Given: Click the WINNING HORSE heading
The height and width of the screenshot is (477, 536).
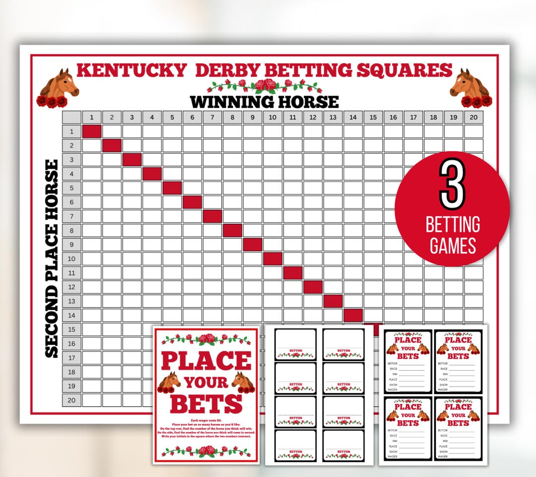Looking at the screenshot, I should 265,102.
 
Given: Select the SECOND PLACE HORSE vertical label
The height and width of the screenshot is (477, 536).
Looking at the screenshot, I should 52,258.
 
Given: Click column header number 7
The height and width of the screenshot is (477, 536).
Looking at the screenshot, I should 212,117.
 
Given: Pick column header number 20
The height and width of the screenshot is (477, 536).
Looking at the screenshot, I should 473,117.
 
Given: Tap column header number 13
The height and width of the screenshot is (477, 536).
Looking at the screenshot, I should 333,117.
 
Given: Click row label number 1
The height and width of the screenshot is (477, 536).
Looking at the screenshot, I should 71,131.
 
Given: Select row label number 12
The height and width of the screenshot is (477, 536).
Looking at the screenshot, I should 71,287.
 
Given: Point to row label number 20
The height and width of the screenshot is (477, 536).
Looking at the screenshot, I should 71,400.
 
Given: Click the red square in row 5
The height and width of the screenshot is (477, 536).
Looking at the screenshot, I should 172,188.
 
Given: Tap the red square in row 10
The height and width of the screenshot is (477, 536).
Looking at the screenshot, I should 272,258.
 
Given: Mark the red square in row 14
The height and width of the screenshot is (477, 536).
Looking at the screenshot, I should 353,315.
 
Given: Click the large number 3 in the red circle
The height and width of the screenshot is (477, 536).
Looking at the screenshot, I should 452,185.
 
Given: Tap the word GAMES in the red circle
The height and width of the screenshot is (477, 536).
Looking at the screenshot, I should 453,246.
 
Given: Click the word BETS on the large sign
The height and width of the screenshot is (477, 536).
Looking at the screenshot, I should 206,403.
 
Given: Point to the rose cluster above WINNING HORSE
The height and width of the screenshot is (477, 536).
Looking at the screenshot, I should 265,85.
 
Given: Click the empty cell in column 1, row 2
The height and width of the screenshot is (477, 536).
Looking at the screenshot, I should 92,146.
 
